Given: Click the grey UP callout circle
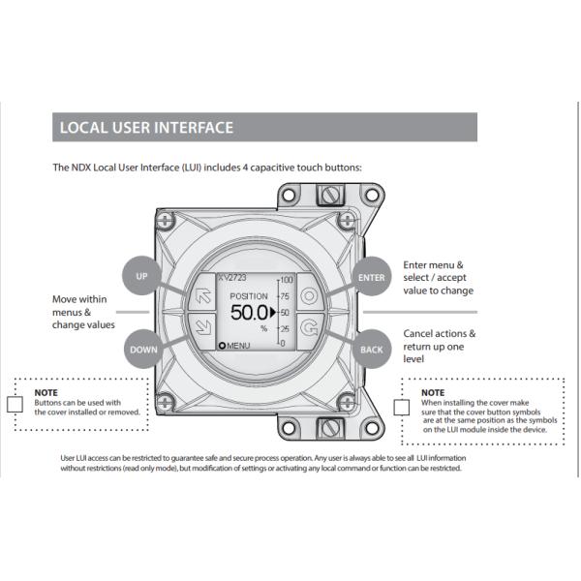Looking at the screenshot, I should [x=142, y=276].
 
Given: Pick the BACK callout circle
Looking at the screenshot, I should [x=371, y=348].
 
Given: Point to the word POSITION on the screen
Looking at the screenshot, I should [x=249, y=295].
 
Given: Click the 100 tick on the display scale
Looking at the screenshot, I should [x=287, y=279].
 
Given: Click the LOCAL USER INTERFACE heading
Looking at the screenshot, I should [x=146, y=128].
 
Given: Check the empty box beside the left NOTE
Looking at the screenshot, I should [x=15, y=405].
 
